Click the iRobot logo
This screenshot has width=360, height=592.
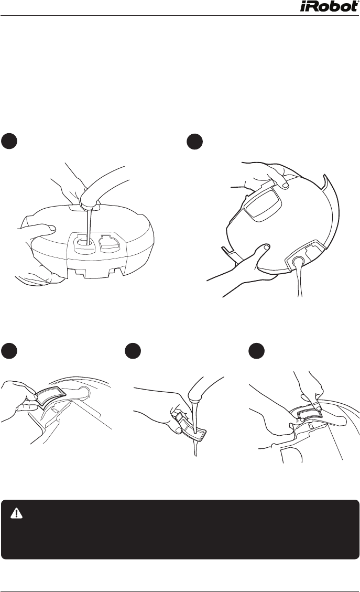click(x=330, y=6)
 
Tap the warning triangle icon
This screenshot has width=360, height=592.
click(x=17, y=513)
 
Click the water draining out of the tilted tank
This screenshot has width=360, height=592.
click(x=300, y=280)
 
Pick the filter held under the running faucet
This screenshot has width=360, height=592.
click(x=192, y=427)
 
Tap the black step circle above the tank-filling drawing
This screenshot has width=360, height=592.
click(x=9, y=141)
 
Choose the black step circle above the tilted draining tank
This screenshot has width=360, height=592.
click(x=195, y=141)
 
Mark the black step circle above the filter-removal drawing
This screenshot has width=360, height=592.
click(x=9, y=351)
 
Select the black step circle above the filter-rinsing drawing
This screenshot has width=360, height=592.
click(x=133, y=351)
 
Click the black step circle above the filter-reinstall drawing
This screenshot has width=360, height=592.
click(x=257, y=351)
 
